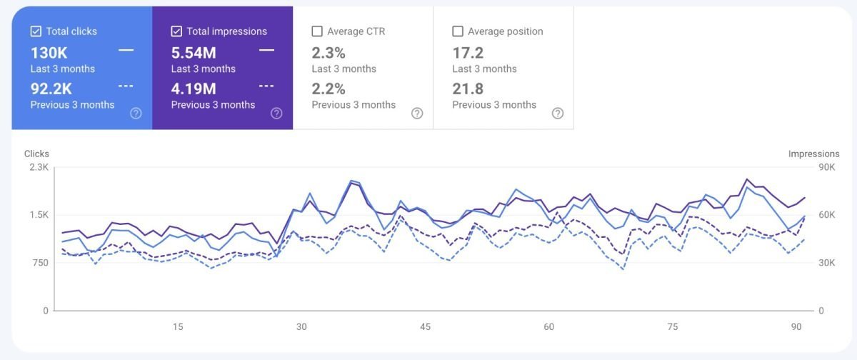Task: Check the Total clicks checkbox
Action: tap(36, 31)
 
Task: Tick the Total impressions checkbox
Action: tap(176, 31)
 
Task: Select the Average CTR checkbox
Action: tap(317, 31)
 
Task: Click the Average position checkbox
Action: tap(458, 31)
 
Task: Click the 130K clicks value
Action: tap(49, 52)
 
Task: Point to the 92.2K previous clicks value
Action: tap(51, 89)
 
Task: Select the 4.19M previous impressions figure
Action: tap(194, 89)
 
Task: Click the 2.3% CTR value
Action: tap(329, 52)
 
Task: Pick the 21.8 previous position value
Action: tap(468, 89)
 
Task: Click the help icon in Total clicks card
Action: tap(136, 114)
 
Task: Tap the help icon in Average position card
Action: tap(558, 114)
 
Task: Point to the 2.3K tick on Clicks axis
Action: tap(38, 167)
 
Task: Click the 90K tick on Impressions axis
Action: tap(828, 167)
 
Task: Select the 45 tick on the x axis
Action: tap(425, 326)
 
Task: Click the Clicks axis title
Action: tap(36, 154)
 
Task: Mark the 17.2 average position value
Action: tap(468, 52)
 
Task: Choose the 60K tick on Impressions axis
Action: tap(828, 215)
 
